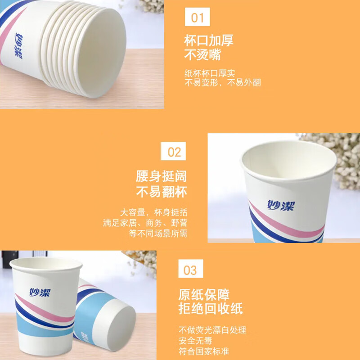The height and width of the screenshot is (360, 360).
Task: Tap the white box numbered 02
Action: [173, 151]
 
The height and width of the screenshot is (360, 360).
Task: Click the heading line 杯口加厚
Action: [209, 40]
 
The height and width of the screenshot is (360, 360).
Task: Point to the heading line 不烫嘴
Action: [202, 55]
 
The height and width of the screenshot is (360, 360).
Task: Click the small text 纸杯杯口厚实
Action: [210, 73]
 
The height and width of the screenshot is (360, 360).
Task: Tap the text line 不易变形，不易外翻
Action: [222, 83]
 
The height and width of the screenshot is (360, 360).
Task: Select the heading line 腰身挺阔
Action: [161, 176]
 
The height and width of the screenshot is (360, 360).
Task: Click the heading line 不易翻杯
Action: [161, 192]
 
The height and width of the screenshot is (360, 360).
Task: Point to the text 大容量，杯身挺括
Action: [153, 212]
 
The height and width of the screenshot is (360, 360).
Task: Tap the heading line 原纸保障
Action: [204, 295]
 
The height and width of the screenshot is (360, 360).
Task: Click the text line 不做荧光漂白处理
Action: [212, 330]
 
